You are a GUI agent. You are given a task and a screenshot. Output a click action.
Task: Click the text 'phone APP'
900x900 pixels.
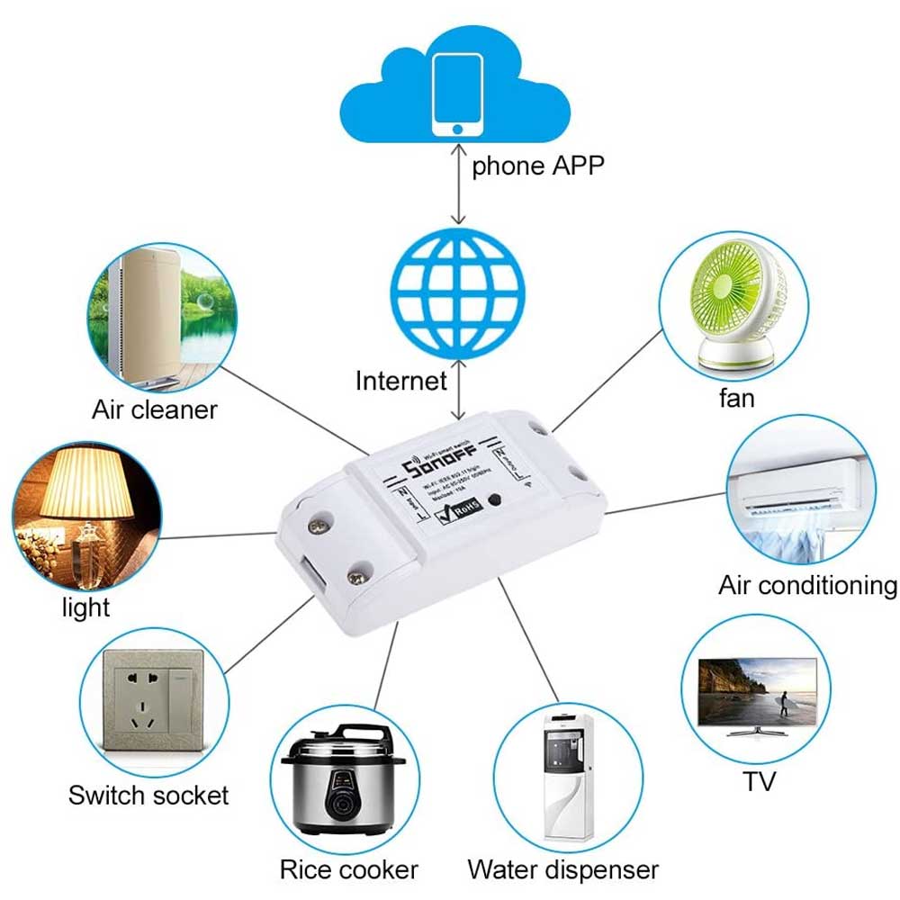537,166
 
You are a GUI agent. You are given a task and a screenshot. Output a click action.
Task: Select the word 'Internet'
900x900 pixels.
400,381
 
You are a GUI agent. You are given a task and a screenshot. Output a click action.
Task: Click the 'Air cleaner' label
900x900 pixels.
155,410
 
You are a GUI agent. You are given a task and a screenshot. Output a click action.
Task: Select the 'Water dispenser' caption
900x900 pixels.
562,870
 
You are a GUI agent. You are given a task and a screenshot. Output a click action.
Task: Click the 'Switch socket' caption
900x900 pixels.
148,796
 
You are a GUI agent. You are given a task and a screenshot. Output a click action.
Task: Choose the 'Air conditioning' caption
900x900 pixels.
807,586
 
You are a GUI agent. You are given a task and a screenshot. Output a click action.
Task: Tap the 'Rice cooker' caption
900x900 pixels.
348,870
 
